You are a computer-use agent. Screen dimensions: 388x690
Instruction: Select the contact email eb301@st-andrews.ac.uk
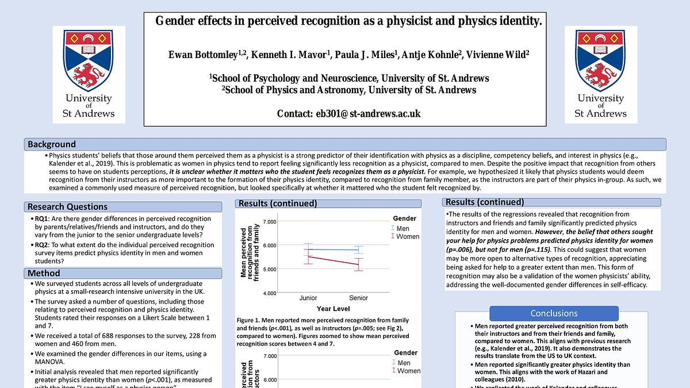pyautogui.click(x=368, y=113)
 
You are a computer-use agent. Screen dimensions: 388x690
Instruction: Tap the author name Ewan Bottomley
pyautogui.click(x=202, y=55)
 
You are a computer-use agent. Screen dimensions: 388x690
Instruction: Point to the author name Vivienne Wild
pyautogui.click(x=495, y=55)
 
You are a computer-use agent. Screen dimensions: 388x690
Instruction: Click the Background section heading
pyautogui.click(x=52, y=144)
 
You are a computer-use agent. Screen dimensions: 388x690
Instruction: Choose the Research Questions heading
pyautogui.click(x=67, y=207)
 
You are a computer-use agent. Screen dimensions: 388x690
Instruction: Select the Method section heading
pyautogui.click(x=44, y=273)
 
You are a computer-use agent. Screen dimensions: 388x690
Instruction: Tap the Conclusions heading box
pyautogui.click(x=554, y=313)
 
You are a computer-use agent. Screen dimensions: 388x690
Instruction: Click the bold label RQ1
pyautogui.click(x=41, y=219)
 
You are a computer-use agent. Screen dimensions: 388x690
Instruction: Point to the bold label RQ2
pyautogui.click(x=41, y=245)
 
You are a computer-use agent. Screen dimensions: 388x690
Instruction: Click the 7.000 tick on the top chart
pyautogui.click(x=269, y=221)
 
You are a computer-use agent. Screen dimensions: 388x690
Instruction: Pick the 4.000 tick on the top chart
pyautogui.click(x=269, y=293)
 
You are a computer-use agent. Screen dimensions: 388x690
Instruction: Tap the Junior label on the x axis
pyautogui.click(x=308, y=298)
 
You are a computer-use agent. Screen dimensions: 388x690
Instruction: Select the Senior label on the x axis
pyautogui.click(x=358, y=298)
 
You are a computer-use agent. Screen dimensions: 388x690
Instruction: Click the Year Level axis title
pyautogui.click(x=332, y=309)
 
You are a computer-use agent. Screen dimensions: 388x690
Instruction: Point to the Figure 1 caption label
pyautogui.click(x=250, y=320)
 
